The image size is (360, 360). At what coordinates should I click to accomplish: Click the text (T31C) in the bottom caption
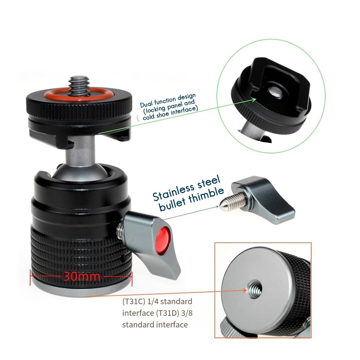pos(134,301)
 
